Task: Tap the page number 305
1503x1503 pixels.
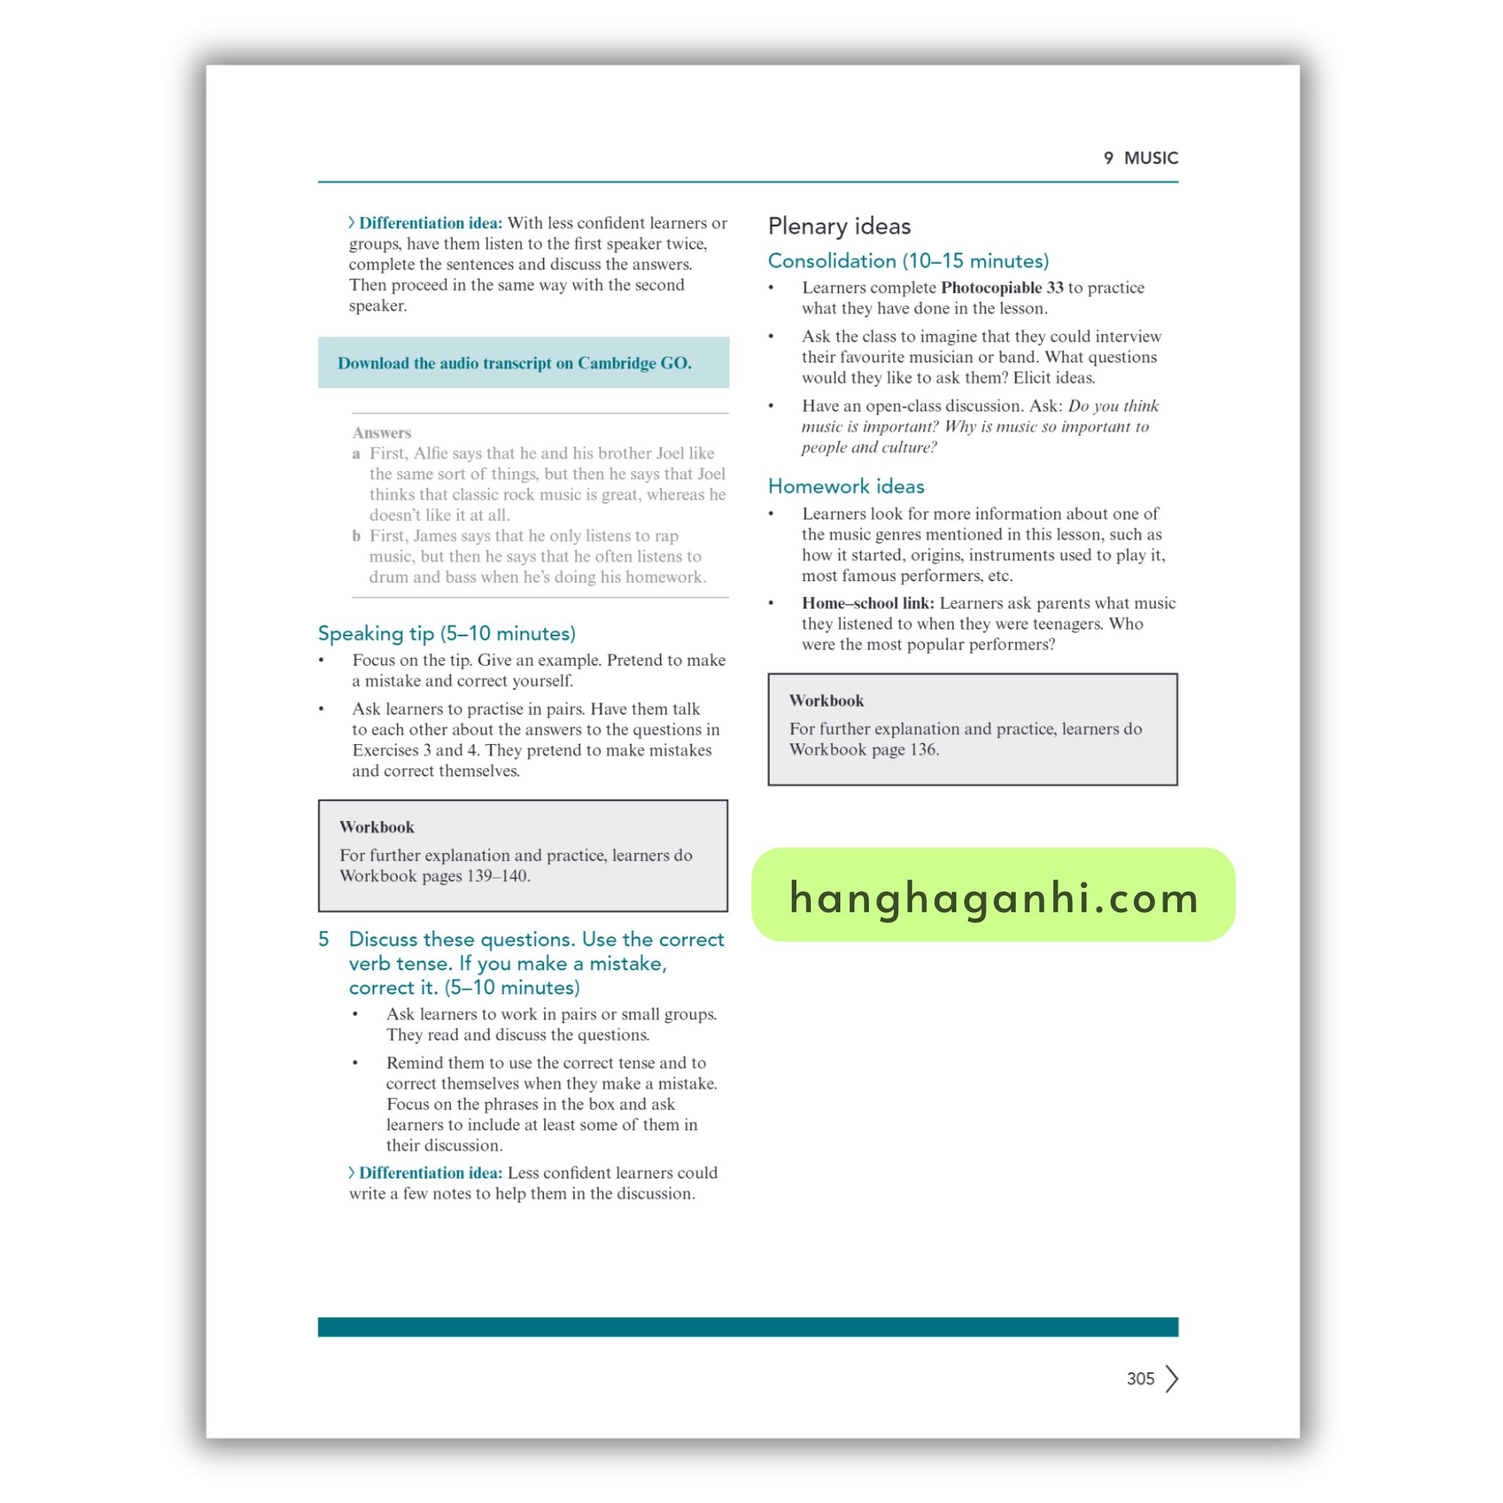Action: [1140, 1378]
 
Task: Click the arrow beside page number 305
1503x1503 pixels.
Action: [1171, 1378]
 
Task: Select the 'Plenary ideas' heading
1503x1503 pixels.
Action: [839, 226]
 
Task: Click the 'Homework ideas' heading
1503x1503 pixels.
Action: [845, 487]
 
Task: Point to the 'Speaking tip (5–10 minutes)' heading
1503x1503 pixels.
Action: [446, 633]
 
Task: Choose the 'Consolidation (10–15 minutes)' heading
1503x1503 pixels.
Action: [908, 261]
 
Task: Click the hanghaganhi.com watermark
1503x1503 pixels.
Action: [993, 896]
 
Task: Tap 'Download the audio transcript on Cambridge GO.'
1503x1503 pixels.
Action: [514, 363]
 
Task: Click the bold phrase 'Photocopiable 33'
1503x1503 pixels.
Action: [1001, 288]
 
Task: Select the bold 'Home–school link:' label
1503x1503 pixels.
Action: [867, 603]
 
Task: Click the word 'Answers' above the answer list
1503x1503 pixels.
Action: [381, 432]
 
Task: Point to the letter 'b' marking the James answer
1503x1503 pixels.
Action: [356, 536]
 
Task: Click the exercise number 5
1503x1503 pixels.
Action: [324, 939]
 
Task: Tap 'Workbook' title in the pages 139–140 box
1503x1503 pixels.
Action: [376, 827]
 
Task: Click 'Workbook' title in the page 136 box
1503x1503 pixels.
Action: [826, 700]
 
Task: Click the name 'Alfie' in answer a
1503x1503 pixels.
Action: [432, 454]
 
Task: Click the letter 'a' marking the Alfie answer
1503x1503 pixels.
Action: [356, 454]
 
